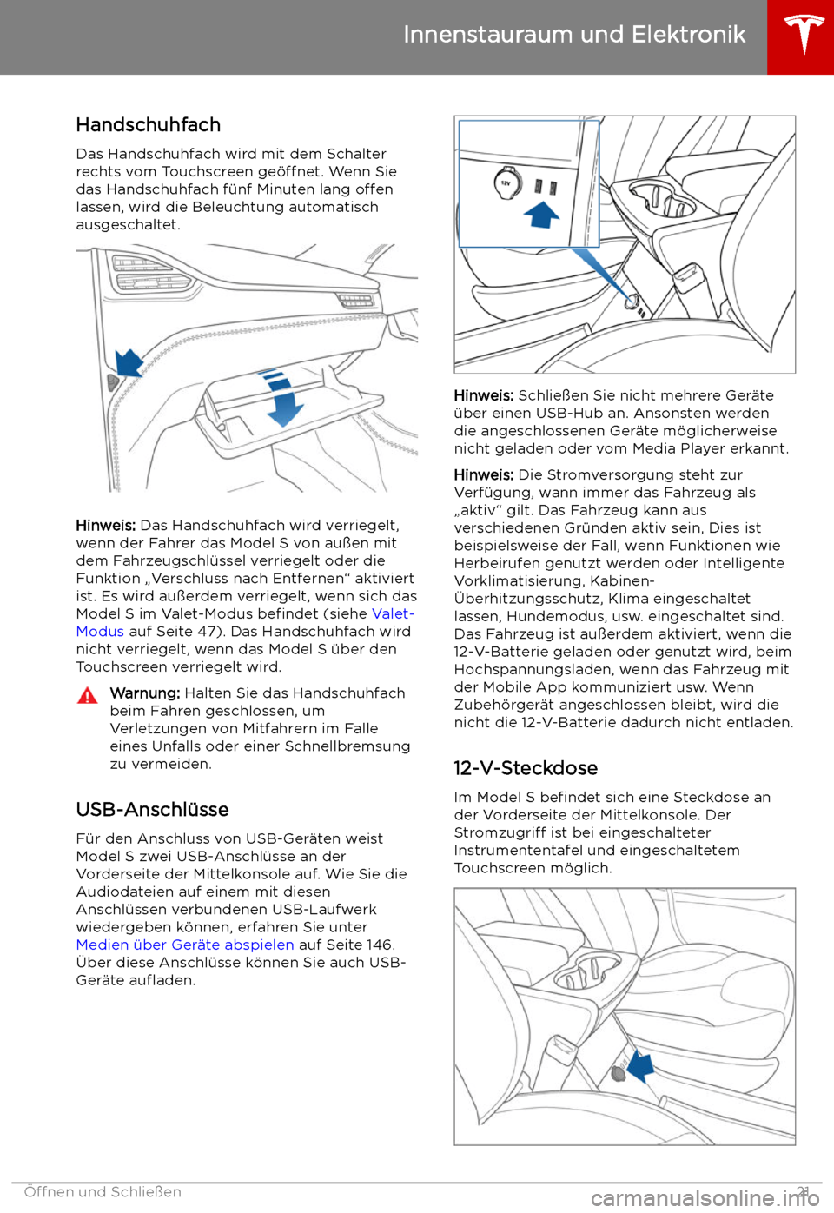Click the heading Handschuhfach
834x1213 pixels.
coord(148,125)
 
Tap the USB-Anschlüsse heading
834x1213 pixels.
coord(152,810)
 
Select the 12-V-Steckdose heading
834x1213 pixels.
coord(526,768)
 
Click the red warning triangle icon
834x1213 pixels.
coord(87,695)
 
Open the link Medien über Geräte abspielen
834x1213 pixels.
coord(185,945)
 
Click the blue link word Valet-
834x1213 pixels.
coord(393,613)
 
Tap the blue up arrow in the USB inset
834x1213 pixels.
coord(541,213)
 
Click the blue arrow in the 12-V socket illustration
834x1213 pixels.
coord(640,1064)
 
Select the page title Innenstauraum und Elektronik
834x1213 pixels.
coord(574,35)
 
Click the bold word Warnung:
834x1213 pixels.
coord(145,693)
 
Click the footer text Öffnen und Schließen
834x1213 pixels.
coord(103,1192)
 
